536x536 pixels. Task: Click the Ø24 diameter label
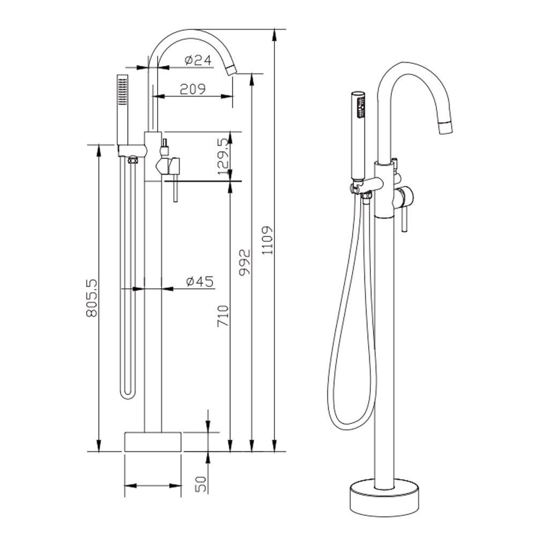198,60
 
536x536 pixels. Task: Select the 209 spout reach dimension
193,89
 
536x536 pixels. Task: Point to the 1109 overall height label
267,240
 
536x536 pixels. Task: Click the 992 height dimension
245,263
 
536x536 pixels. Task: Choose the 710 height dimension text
223,316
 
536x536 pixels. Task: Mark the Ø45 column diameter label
200,281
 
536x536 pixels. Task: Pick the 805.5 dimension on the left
92,298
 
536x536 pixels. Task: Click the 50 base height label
202,485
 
